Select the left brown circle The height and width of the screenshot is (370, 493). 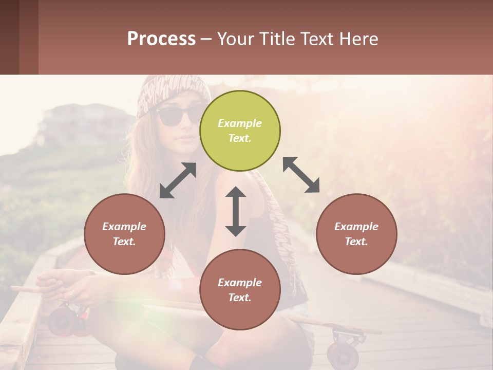point(124,234)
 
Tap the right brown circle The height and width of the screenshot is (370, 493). point(356,234)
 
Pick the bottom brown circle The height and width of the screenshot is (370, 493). point(240,290)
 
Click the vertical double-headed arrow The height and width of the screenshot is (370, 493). point(236,211)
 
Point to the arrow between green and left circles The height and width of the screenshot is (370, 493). point(178,180)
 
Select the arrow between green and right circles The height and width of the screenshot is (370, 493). point(301,175)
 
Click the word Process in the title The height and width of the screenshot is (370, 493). point(161,39)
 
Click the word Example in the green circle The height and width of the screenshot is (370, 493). point(240,123)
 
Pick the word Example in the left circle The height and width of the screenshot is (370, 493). point(124,227)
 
